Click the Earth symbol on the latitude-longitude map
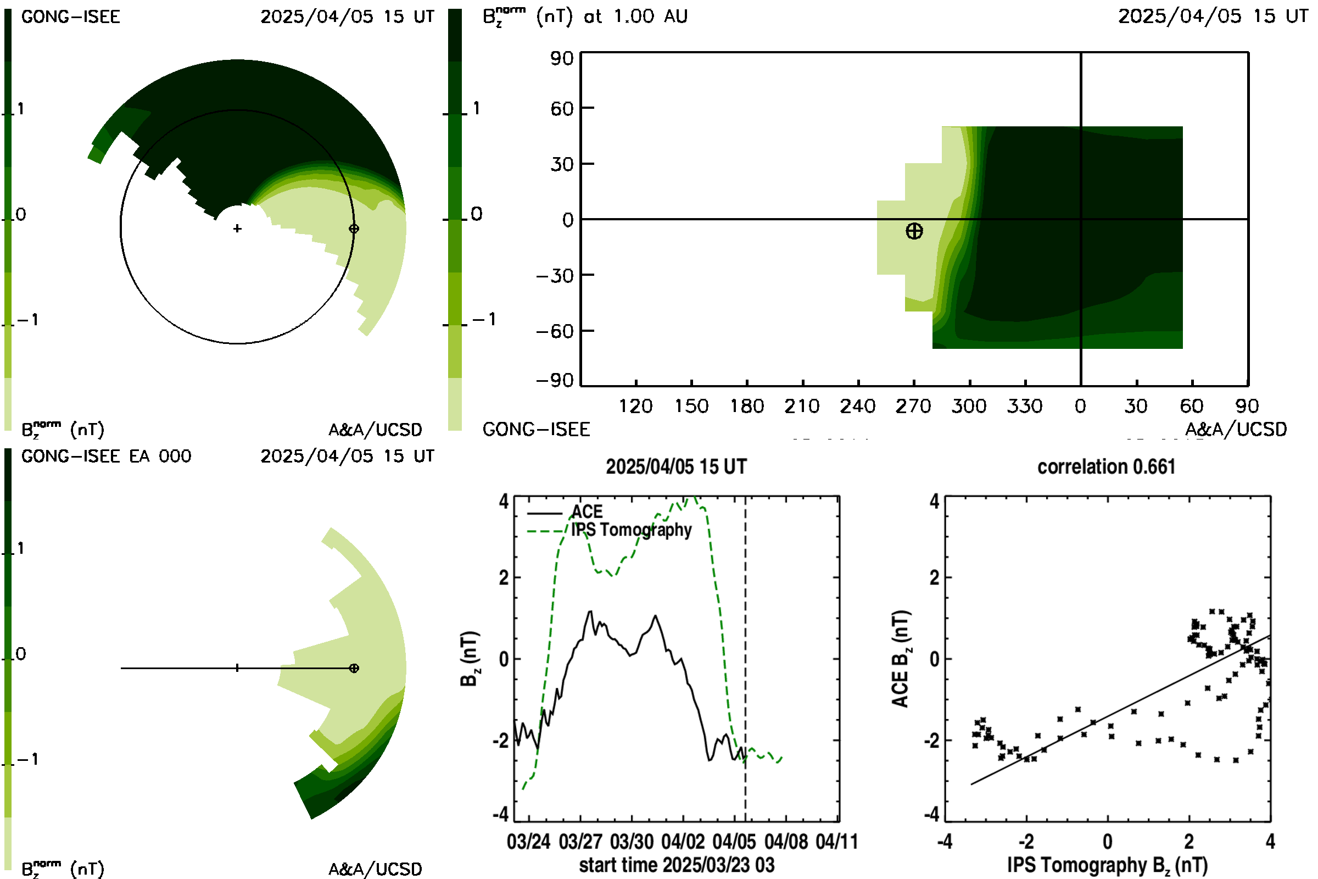914,231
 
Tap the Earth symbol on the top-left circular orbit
354,229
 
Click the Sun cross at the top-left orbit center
237,229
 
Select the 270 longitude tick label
913,406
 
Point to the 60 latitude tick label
562,108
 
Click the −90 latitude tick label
555,381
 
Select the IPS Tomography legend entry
609,530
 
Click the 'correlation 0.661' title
1106,466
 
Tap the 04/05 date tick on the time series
734,842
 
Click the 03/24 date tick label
528,842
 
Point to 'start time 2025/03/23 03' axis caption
677,865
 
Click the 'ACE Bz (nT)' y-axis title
900,659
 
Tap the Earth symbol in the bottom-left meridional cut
354,668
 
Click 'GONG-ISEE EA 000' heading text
107,457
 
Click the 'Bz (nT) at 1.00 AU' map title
585,16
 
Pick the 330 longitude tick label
1024,406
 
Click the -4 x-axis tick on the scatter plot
945,842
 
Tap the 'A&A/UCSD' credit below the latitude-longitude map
1236,430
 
